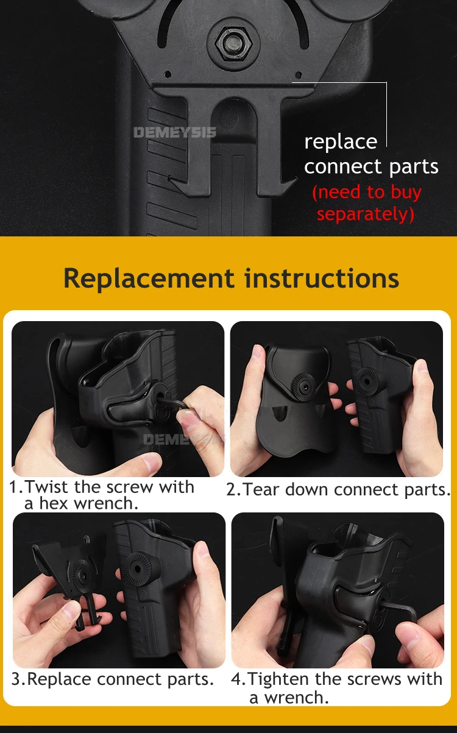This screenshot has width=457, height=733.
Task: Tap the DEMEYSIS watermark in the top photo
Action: coord(174,132)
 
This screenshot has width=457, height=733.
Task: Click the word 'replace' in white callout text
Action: coord(341,142)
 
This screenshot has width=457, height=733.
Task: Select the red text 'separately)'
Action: coord(366,214)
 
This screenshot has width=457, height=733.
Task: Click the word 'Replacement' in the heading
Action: coord(149,278)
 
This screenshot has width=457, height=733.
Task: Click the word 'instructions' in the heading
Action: coord(322,278)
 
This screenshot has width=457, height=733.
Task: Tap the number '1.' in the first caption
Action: coord(16,487)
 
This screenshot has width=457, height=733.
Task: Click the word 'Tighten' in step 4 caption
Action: coord(280,679)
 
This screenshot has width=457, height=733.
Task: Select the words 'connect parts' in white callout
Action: coord(371,167)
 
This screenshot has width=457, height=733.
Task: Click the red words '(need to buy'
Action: coord(367,192)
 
